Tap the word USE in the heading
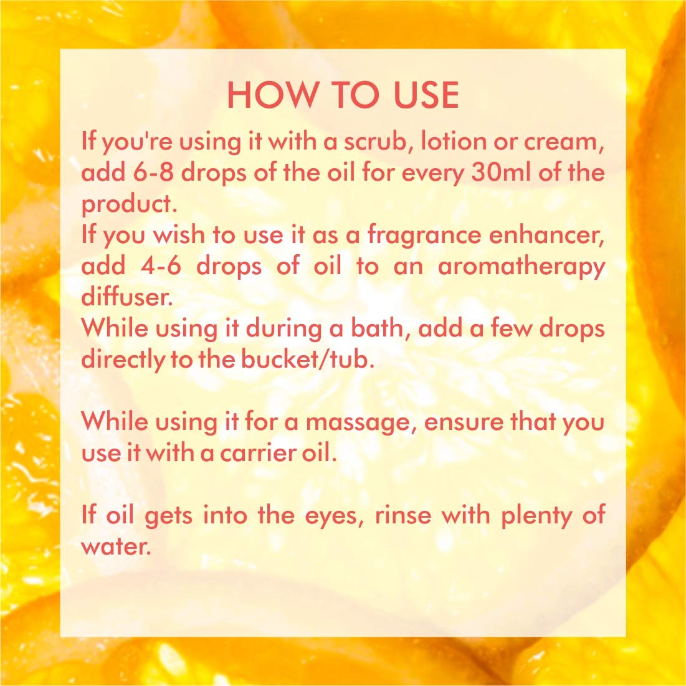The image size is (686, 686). click(426, 95)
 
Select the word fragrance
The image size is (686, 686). click(424, 236)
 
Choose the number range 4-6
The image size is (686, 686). click(161, 267)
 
